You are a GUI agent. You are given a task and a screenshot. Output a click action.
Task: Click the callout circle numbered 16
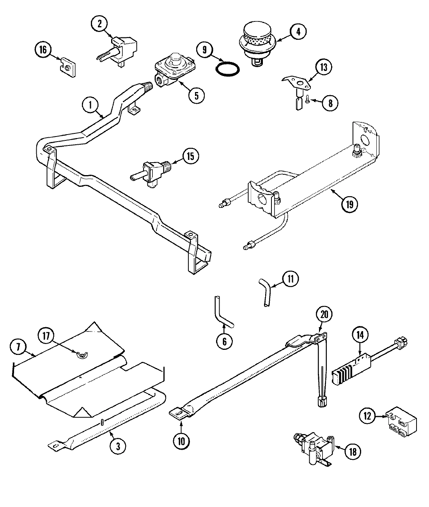click(x=43, y=50)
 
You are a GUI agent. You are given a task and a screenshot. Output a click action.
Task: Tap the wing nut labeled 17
click(x=83, y=354)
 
